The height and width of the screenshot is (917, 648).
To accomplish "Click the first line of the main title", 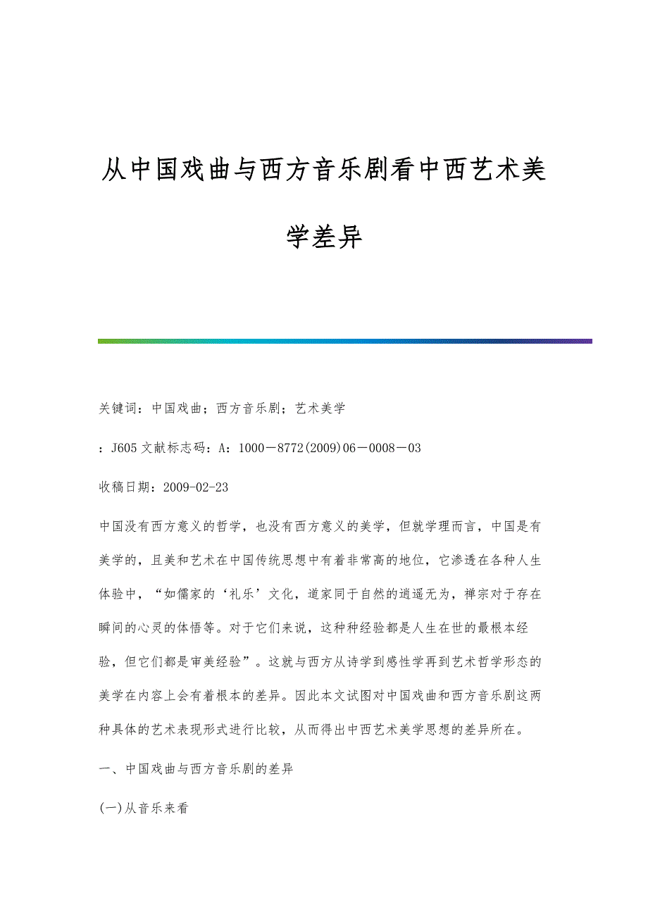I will coord(323,170).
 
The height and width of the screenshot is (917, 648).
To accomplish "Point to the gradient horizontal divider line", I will coord(345,342).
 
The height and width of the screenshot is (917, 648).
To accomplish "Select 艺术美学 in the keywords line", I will coord(320,408).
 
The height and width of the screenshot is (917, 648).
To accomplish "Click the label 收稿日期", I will coord(127,487).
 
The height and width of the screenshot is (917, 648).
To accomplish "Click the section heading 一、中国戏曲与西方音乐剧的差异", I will coord(196,769).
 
